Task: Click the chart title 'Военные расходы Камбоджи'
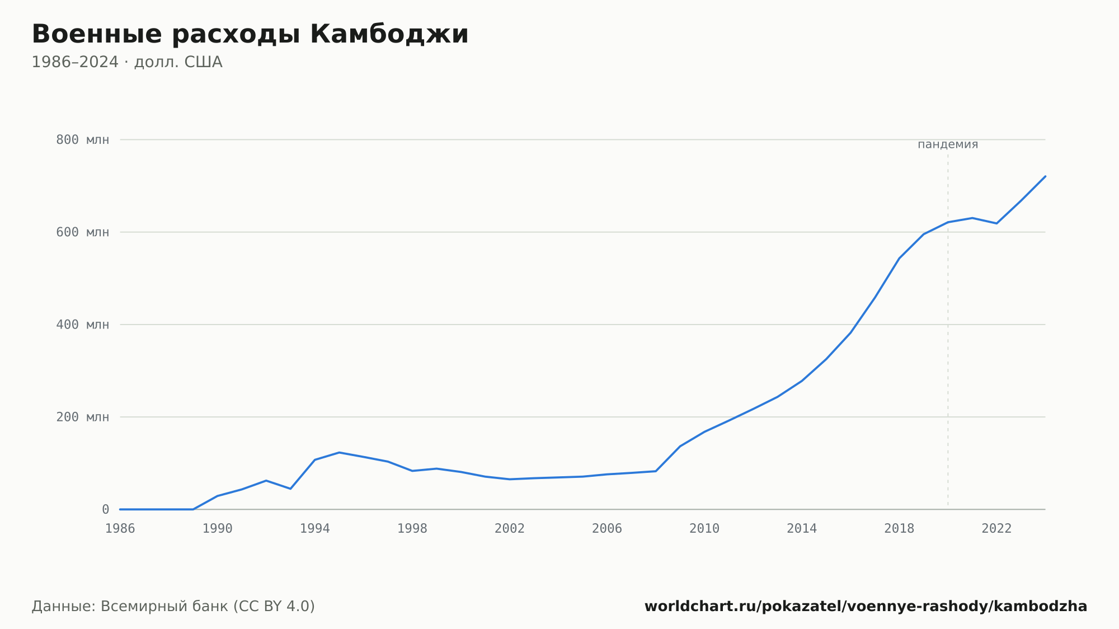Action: (250, 35)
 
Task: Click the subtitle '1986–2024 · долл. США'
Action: (127, 62)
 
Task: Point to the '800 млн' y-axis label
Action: (82, 140)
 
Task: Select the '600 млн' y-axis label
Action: (82, 232)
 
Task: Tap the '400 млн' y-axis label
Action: (82, 325)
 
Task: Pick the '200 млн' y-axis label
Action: (82, 417)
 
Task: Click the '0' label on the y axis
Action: (105, 510)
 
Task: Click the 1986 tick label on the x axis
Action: (120, 529)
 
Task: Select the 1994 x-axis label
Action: (315, 529)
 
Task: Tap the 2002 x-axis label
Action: (510, 529)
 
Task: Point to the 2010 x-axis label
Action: (704, 529)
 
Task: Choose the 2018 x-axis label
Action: (899, 529)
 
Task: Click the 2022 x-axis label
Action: (996, 529)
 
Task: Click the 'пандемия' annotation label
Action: (948, 144)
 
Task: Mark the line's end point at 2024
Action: (1045, 176)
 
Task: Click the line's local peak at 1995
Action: (339, 452)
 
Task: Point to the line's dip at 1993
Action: (290, 489)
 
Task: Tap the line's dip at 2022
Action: (996, 223)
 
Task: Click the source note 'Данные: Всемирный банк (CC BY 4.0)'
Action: (173, 607)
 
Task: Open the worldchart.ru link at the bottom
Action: (866, 607)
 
